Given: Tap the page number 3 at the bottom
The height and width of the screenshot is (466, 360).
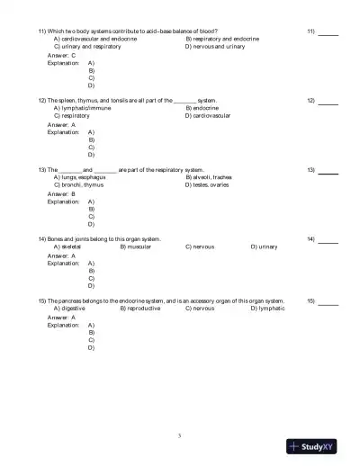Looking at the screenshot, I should (x=180, y=435).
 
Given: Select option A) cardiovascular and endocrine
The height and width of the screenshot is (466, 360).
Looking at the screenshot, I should (x=95, y=40).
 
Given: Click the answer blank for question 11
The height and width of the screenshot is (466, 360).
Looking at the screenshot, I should (x=328, y=32).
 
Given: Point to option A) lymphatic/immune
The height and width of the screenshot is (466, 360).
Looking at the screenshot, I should (x=83, y=108).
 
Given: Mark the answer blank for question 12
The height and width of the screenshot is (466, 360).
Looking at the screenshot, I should (x=328, y=101).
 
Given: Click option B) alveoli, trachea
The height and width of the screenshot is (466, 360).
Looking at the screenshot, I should (x=209, y=177).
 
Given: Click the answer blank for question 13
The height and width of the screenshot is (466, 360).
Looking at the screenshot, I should (x=328, y=170).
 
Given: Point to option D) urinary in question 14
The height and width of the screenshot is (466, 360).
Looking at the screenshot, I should (x=264, y=246).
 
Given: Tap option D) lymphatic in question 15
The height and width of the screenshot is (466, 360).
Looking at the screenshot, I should (x=267, y=308).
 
